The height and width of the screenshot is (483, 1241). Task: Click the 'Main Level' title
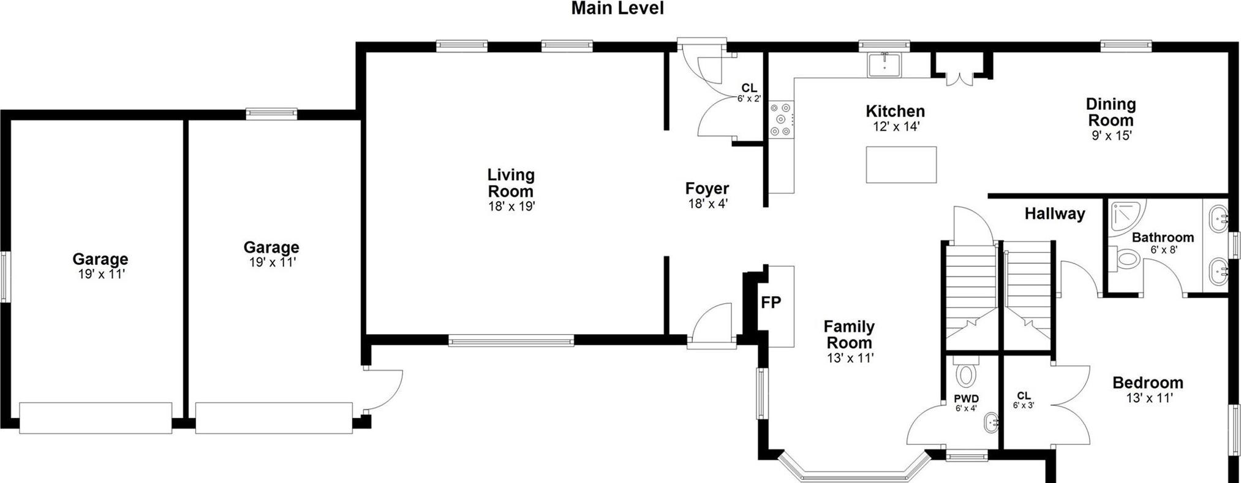tap(617, 9)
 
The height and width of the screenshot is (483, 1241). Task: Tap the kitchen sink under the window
tap(885, 65)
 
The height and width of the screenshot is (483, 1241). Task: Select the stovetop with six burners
tap(782, 119)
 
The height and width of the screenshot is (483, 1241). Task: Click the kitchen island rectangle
tap(901, 164)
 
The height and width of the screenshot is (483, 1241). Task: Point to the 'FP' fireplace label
tap(771, 303)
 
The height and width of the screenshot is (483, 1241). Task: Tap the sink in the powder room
tap(991, 423)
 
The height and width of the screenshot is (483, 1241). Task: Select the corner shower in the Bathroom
tap(1126, 216)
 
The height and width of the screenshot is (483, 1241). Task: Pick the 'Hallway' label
tap(1054, 214)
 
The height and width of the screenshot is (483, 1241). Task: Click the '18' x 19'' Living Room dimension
tap(511, 207)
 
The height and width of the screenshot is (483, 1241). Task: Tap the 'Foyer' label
tap(707, 188)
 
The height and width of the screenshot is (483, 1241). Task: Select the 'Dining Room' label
tap(1111, 112)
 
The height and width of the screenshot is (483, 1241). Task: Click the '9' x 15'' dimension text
tap(1111, 136)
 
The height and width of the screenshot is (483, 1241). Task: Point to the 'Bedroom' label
tap(1147, 383)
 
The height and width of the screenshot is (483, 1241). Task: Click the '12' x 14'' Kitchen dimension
tap(896, 127)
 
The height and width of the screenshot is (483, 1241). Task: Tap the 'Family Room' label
tap(848, 335)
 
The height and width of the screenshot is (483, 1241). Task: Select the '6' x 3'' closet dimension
tap(1023, 406)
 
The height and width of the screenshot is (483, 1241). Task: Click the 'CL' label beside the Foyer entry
tap(749, 88)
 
